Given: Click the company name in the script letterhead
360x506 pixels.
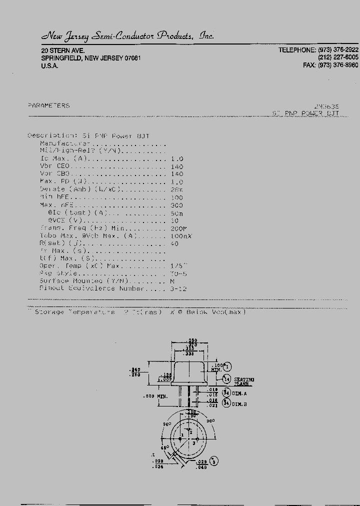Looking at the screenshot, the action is tap(127, 36).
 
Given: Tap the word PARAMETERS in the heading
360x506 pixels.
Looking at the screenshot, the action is tap(48, 105).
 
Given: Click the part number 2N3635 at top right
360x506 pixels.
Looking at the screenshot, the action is tap(326, 106).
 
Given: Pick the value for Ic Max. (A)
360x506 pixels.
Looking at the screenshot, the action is tap(177, 158).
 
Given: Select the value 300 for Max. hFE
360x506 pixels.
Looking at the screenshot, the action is tap(177, 205).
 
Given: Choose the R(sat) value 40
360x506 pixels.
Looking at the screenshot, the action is tap(174, 243).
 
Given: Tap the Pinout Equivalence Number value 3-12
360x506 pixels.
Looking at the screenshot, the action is tap(178, 288).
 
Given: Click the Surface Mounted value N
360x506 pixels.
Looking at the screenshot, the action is tap(172, 281).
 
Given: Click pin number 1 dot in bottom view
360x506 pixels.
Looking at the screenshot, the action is tap(173, 438).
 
